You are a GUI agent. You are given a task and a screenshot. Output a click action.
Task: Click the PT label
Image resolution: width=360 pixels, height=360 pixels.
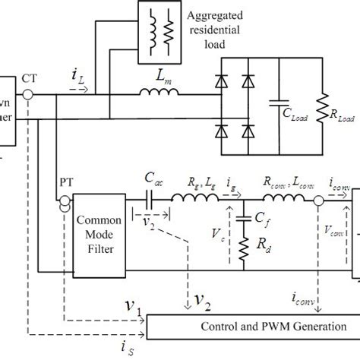tap(67, 184)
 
